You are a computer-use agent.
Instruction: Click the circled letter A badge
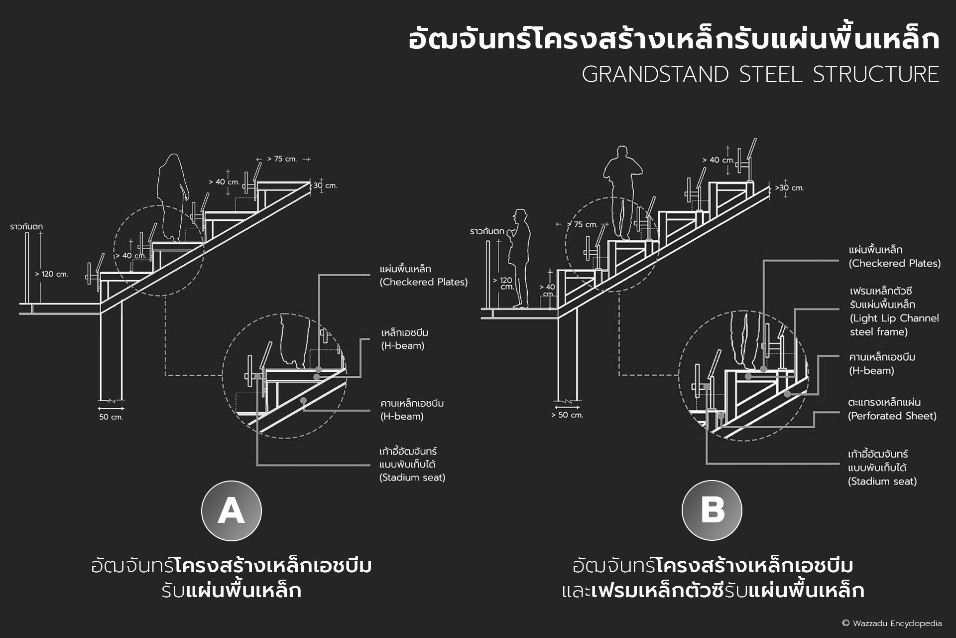[232, 511]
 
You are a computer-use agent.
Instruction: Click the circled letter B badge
[712, 510]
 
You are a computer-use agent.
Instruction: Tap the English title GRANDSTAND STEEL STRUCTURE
[760, 74]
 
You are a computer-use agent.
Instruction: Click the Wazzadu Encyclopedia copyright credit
[891, 623]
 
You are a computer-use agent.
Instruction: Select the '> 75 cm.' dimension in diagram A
[282, 159]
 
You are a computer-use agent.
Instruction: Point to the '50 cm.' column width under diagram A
[111, 417]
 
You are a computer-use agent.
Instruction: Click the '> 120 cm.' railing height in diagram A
[51, 274]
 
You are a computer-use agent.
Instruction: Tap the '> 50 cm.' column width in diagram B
[567, 415]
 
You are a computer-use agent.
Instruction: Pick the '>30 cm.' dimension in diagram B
[789, 188]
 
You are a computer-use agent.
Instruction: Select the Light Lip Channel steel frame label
[894, 311]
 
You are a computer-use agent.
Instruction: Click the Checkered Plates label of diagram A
[423, 275]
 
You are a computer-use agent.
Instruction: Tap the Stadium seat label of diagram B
[882, 468]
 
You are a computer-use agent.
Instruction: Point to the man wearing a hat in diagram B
[519, 258]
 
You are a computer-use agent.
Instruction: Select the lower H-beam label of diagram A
[412, 410]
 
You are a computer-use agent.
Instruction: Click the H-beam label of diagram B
[882, 364]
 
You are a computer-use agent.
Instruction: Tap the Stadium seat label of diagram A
[412, 464]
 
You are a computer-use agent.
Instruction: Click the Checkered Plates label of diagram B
[894, 256]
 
